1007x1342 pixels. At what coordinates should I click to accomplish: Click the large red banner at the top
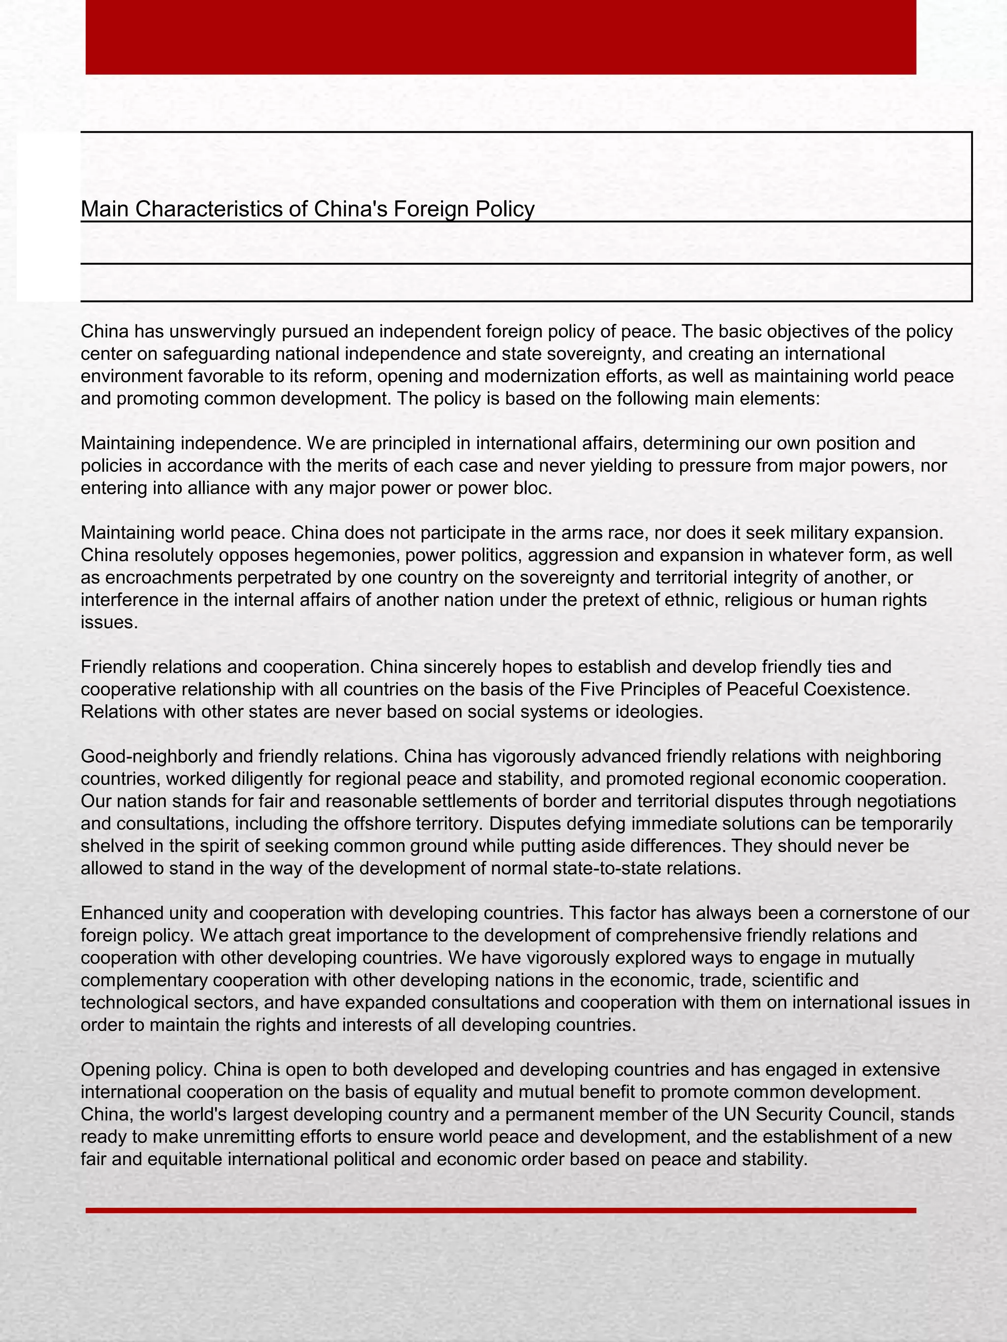click(x=501, y=36)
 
